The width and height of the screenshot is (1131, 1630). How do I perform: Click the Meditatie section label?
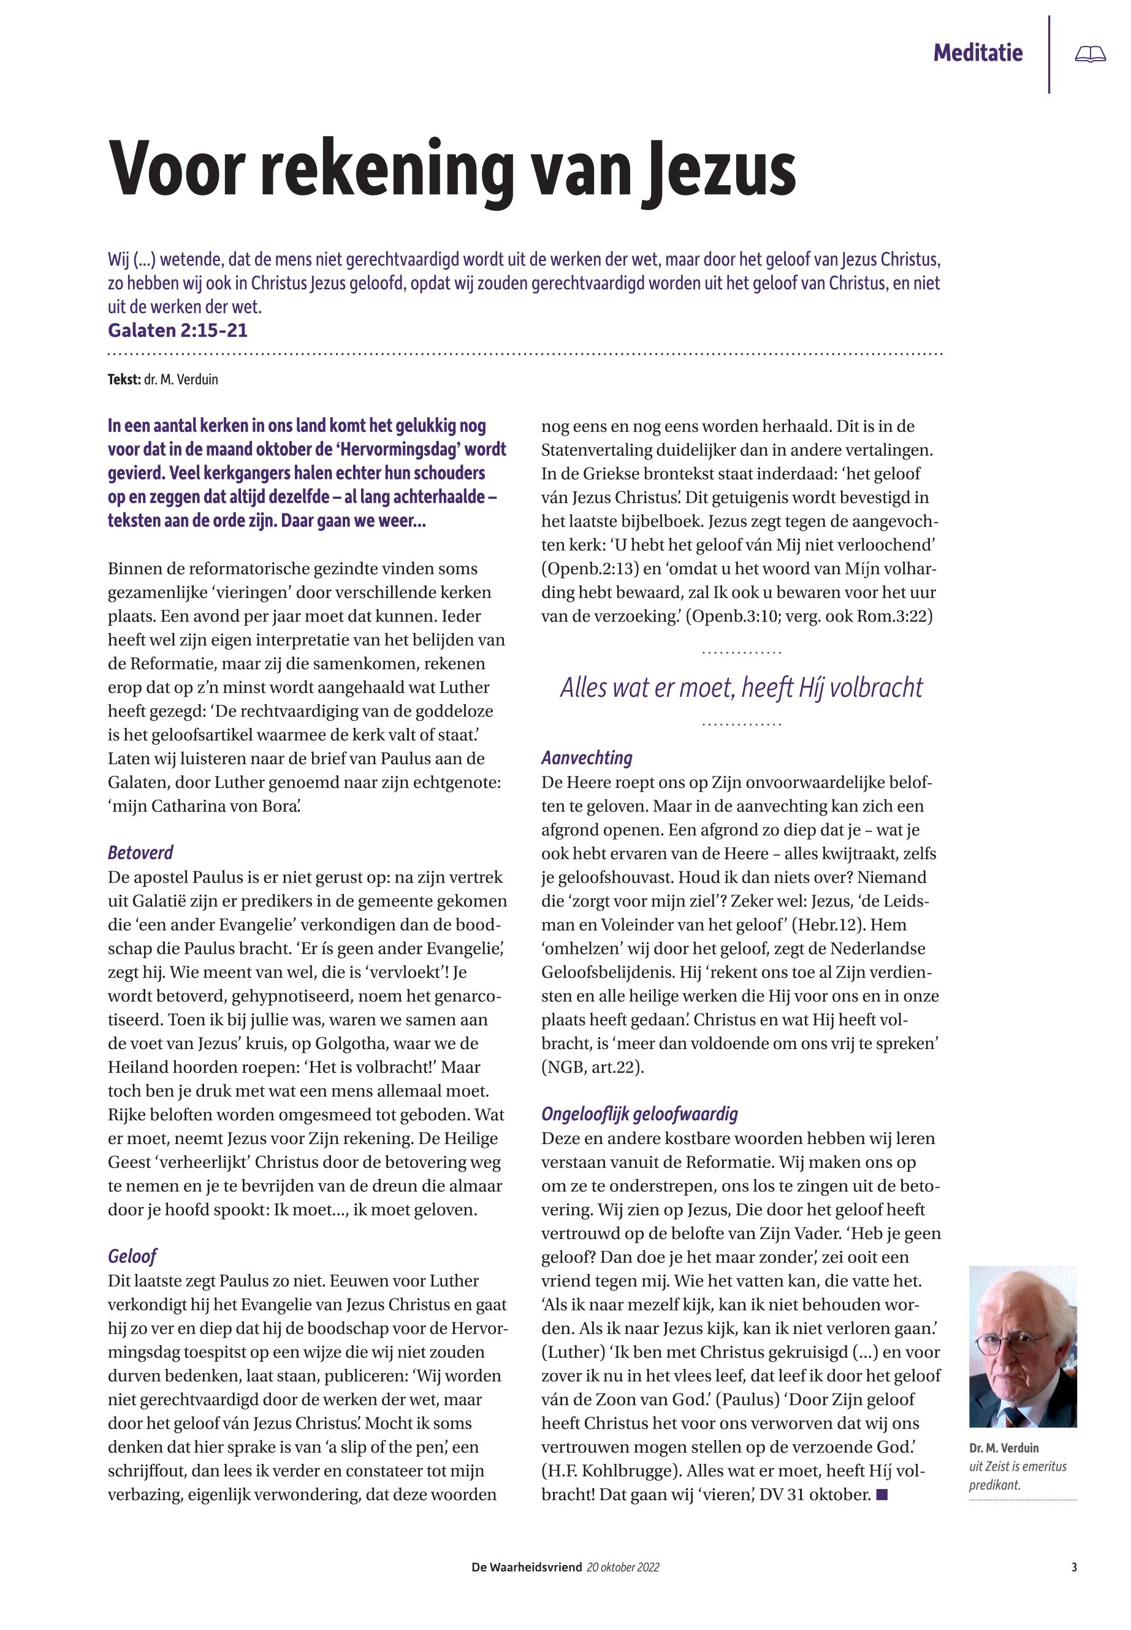(977, 53)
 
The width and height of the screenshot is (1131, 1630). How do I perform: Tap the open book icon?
(1089, 54)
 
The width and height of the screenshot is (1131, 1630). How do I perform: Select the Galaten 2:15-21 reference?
(178, 330)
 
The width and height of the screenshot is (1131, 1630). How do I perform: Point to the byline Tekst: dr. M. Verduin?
(163, 380)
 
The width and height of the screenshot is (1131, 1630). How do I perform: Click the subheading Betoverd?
(140, 852)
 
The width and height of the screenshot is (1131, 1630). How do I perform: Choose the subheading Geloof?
(132, 1256)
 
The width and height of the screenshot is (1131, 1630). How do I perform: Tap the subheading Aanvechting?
(587, 758)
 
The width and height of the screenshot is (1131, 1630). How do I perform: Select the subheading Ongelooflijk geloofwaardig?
(639, 1113)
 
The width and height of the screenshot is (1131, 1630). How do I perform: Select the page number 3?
(1073, 1567)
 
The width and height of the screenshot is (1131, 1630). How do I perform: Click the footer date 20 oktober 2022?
(623, 1567)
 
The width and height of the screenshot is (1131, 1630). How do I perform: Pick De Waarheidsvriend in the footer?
(527, 1567)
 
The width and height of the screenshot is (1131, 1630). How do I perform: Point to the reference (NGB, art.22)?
(592, 1067)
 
